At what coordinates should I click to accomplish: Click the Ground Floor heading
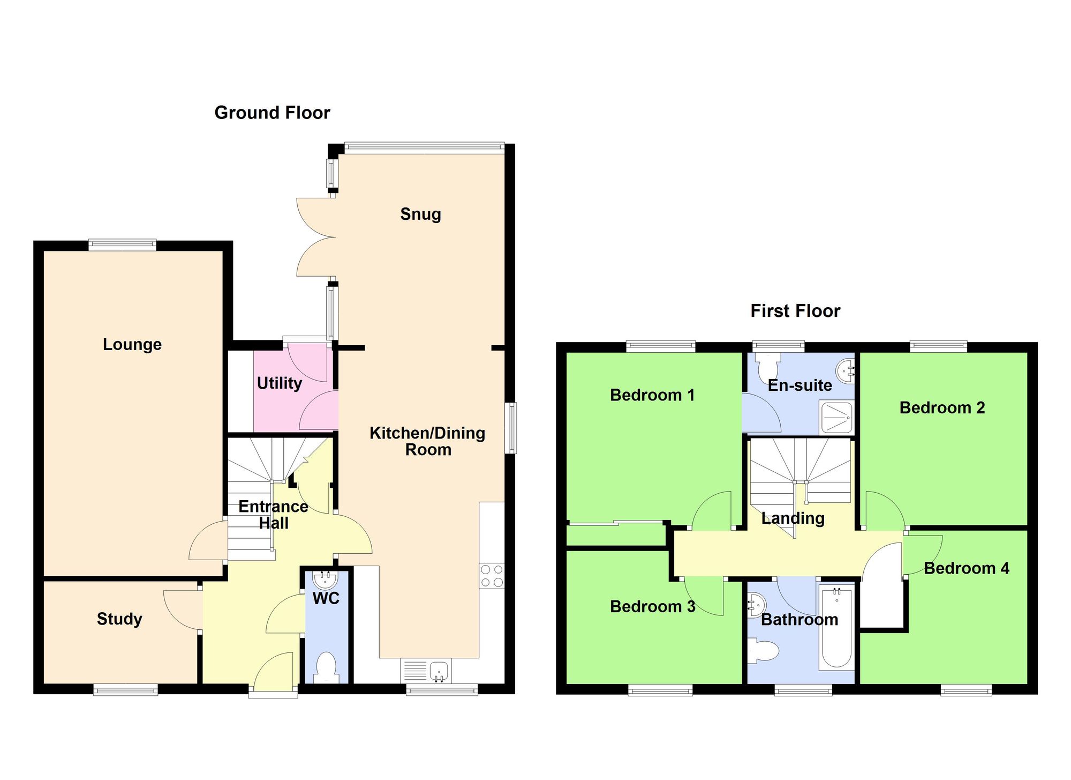(x=272, y=113)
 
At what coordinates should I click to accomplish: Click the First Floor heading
(x=795, y=311)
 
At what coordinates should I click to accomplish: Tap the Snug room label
(x=420, y=214)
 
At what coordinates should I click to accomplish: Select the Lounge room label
(x=132, y=344)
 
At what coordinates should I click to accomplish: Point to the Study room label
(x=119, y=619)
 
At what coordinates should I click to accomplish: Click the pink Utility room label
(x=279, y=383)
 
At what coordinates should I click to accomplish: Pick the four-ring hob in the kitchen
(x=492, y=576)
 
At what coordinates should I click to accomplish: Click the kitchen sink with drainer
(x=426, y=671)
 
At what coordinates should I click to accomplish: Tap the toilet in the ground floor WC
(x=326, y=666)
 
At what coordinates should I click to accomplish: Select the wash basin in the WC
(x=325, y=579)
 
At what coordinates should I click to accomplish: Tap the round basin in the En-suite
(x=845, y=369)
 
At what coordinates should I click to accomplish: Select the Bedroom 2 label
(x=942, y=407)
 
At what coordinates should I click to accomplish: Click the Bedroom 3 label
(x=652, y=606)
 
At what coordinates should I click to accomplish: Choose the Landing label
(x=793, y=518)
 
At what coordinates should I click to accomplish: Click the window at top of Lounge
(x=123, y=245)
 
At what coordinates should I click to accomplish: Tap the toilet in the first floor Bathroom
(x=764, y=651)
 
